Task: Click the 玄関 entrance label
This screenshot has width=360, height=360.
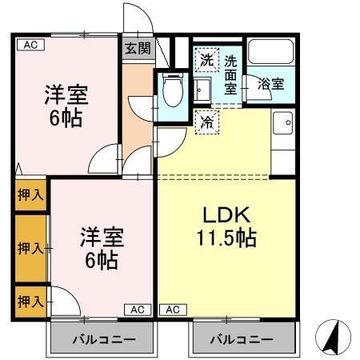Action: click(136, 47)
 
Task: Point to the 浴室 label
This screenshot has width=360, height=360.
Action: click(270, 82)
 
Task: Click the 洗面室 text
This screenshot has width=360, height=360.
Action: click(230, 74)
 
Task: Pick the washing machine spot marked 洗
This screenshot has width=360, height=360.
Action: click(206, 60)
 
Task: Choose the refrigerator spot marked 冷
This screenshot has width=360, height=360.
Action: click(206, 122)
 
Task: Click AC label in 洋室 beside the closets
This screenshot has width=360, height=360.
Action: click(136, 309)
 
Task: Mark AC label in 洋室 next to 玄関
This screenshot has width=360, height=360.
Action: click(30, 46)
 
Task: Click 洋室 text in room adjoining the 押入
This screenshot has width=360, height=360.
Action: click(101, 238)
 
